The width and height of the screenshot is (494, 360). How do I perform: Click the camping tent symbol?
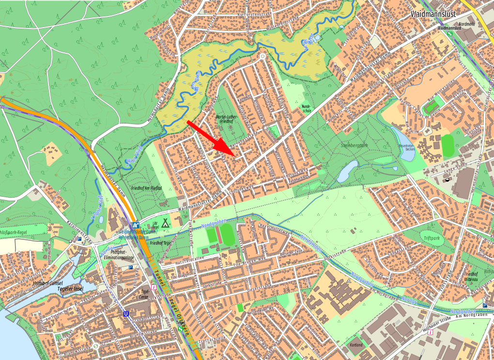165,223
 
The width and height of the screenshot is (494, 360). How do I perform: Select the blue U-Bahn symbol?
126,314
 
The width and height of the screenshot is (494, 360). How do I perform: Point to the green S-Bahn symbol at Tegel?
181,329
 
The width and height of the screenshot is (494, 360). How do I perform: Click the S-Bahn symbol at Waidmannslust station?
450,34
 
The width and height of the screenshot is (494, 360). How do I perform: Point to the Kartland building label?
356,345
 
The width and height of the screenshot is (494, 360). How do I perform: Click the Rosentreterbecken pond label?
407,148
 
